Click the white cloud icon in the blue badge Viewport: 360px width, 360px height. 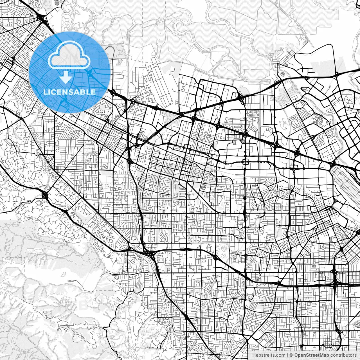pos(69,55)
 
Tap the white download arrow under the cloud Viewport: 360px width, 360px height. pos(66,77)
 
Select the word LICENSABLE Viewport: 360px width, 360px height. pos(69,92)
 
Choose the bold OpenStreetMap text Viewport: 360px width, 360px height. pos(311,355)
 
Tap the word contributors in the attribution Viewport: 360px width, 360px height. pos(343,355)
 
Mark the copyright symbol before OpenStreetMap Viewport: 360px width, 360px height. pos(291,355)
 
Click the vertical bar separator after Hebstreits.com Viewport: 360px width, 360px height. pos(287,355)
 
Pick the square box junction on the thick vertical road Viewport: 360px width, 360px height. pos(245,161)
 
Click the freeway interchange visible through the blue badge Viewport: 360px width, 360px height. pos(89,74)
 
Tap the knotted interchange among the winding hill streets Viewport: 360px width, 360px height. pos(45,195)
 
